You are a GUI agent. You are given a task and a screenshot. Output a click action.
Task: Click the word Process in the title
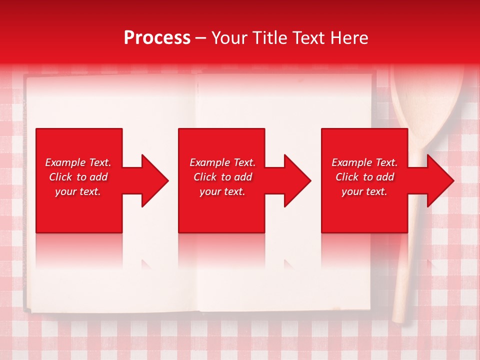pos(157,38)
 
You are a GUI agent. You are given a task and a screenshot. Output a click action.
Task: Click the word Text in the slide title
pos(308,38)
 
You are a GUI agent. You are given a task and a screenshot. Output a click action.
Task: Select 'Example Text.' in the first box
pos(78,162)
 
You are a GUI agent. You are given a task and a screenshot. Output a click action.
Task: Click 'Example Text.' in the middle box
pos(222,162)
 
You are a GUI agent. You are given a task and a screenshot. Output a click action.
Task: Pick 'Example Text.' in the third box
pos(364,162)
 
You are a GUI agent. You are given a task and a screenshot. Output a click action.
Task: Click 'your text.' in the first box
pos(78,191)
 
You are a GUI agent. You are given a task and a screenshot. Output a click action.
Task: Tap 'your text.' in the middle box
pos(222,191)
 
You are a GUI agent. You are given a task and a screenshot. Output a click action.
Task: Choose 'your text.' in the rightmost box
pos(364,191)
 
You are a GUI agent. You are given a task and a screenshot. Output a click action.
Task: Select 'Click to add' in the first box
pos(78,177)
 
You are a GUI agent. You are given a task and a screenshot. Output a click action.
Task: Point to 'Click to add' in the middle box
pos(222,177)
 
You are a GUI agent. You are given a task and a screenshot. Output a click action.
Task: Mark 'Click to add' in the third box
pos(364,177)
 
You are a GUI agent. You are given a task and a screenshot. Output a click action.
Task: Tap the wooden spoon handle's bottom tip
pos(399,318)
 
